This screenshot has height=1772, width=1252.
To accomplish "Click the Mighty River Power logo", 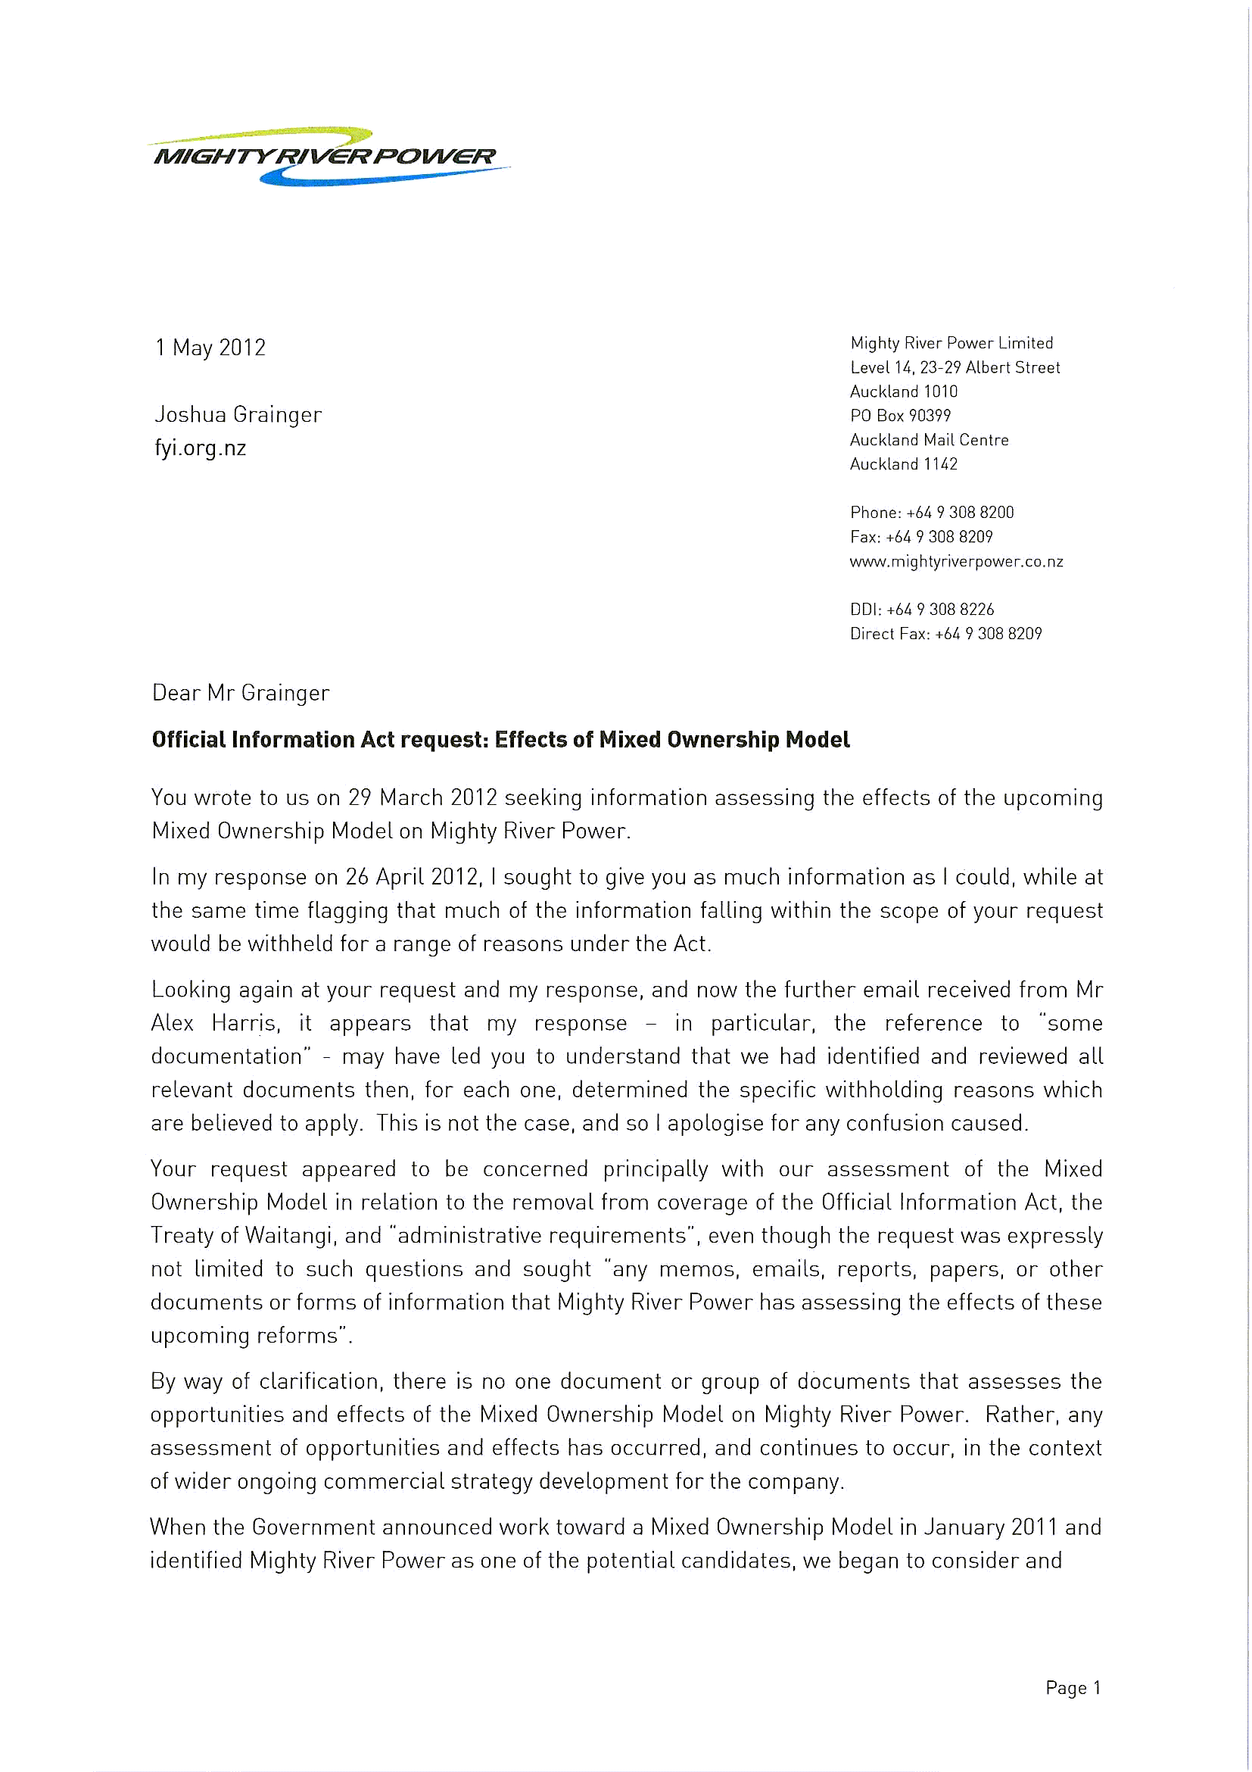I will (328, 156).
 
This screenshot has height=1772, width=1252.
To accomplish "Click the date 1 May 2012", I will (210, 348).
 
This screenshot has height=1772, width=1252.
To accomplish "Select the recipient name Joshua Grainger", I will (238, 415).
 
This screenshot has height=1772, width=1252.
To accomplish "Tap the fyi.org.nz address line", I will (200, 448).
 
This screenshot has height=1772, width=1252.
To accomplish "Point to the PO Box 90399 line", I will (899, 416).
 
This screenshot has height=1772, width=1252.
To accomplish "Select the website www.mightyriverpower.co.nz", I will (956, 562).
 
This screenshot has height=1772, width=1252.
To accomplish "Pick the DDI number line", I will (921, 610).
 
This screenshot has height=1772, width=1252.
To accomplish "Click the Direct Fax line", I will (945, 634).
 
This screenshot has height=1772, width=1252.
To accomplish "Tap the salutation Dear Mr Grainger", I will (240, 693).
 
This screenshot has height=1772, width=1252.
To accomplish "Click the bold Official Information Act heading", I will (500, 740).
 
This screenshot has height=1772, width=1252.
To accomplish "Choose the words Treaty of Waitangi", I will (241, 1236).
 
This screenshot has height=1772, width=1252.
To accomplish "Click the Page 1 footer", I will (1073, 1688).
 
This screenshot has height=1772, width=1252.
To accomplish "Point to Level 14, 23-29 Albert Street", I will (955, 368).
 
